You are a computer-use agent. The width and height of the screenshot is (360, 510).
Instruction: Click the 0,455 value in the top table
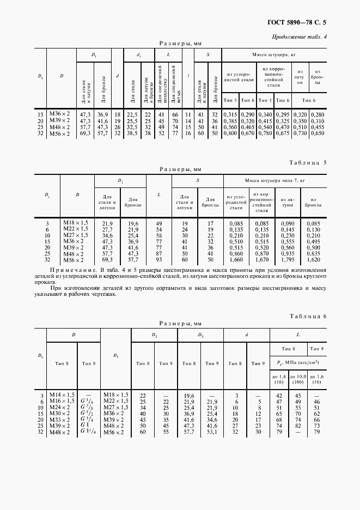(317, 126)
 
